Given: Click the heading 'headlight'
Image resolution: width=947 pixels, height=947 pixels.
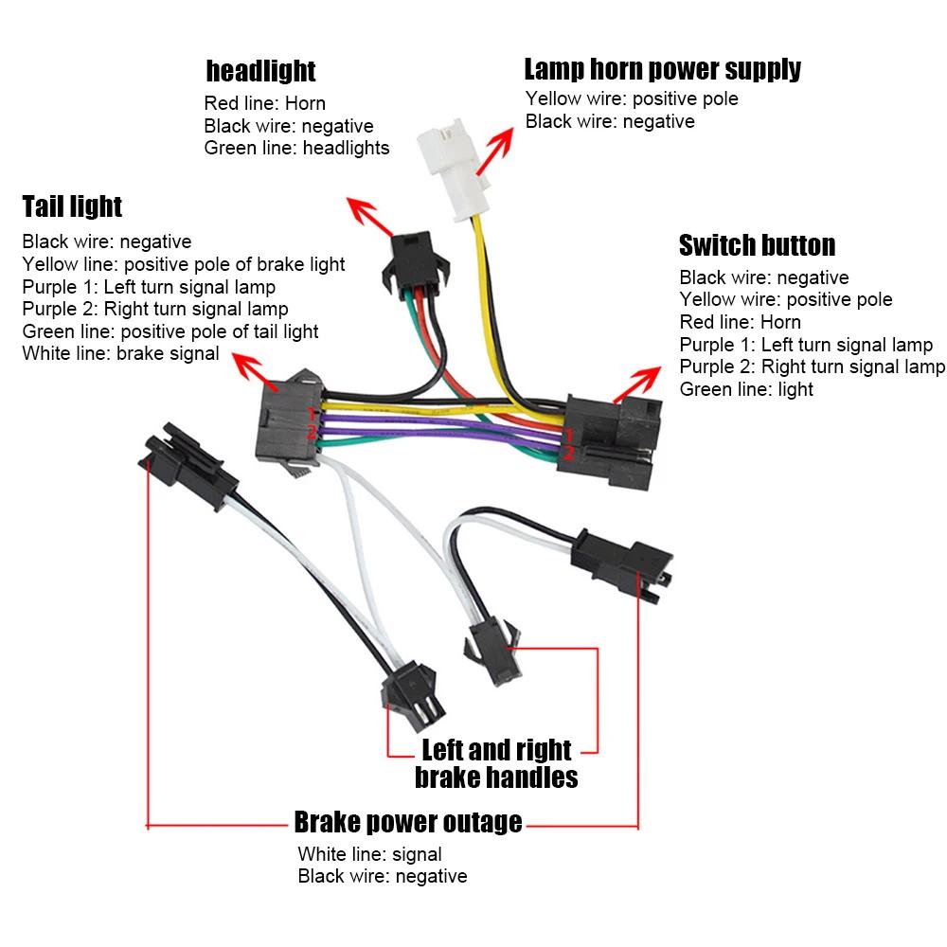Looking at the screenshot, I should coord(260,70).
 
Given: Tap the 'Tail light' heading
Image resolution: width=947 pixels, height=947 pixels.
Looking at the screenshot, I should coord(72,205).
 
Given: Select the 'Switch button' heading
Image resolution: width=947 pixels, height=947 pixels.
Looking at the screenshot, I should coord(757,245).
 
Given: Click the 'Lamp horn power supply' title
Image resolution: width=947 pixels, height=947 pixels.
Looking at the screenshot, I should coord(662,68).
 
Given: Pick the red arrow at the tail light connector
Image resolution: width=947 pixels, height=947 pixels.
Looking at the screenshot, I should coord(251,371).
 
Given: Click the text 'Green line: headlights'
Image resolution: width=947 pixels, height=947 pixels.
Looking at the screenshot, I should coord(296,148).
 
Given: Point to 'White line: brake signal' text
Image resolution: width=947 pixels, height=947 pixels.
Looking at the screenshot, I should coord(120,354).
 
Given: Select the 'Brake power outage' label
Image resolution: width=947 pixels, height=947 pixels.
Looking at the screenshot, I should coord(407,821).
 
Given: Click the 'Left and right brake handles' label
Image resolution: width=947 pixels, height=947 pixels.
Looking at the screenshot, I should coord(496,763).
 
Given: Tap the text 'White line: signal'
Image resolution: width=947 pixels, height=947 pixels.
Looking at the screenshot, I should coord(369,854).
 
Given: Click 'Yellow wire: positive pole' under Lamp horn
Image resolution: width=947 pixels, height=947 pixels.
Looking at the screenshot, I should coord(632,98).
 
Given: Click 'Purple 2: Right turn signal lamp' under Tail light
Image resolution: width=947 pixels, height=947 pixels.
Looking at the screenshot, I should coord(154,309).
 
